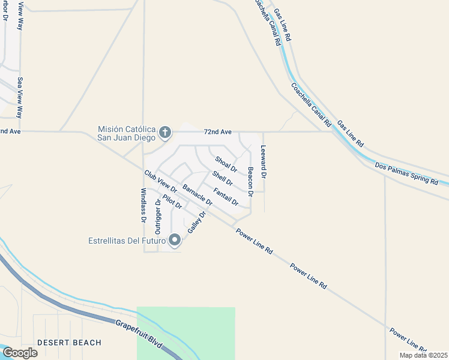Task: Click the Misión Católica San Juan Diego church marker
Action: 165,132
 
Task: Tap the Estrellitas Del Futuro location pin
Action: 175,241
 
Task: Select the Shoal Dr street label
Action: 226,164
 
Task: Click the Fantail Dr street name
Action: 226,197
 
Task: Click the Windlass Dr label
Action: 143,206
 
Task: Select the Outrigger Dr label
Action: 158,215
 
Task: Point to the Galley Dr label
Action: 197,222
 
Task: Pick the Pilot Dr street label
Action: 172,202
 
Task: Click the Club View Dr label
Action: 160,182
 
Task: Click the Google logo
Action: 20,353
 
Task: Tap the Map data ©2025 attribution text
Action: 423,355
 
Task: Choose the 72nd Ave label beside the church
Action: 217,131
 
